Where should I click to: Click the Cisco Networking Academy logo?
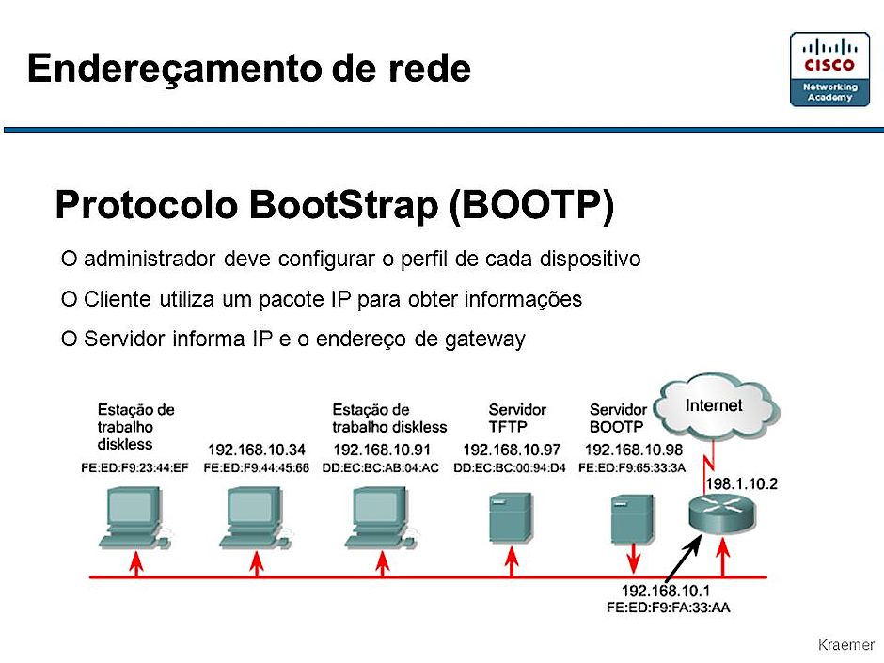coord(829,70)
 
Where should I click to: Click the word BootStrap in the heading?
coord(343,204)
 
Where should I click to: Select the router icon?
coord(721,513)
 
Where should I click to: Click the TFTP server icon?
coord(511,517)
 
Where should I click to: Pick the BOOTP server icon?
coord(633,519)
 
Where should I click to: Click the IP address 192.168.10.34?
coord(257,450)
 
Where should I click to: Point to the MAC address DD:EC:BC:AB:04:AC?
coord(381,468)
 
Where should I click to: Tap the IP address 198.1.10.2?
coord(742,483)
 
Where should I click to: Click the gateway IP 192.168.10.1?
coord(665,591)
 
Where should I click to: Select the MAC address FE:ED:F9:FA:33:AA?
coord(668,608)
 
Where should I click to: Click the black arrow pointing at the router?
coord(684,558)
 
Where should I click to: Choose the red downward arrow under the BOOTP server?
coord(633,559)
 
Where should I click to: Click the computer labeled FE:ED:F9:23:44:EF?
coord(135,517)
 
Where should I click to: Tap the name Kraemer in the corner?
coord(845,644)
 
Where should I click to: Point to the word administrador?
coord(150,259)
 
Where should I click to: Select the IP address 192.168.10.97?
coord(512,450)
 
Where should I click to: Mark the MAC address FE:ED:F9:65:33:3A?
coord(632,468)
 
